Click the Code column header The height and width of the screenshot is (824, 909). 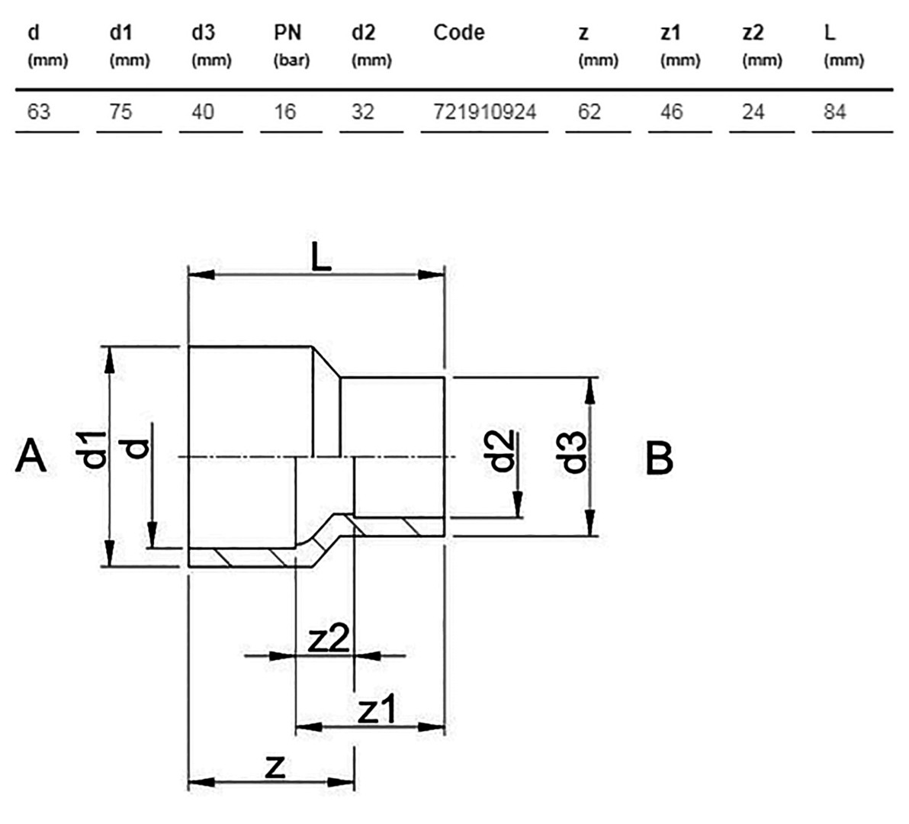(x=458, y=33)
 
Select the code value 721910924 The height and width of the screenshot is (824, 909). (x=485, y=111)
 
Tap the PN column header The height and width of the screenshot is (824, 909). (x=287, y=33)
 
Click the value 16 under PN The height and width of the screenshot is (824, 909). (x=284, y=111)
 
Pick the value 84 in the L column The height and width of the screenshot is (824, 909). (x=835, y=111)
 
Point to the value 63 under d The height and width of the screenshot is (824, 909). (x=39, y=111)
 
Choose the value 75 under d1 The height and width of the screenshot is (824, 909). (x=120, y=111)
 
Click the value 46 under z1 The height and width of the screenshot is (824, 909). (x=671, y=111)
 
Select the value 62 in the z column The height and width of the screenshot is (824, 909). (x=589, y=111)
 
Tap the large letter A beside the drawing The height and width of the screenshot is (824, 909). (x=31, y=456)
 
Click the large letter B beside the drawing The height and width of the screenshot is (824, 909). (x=660, y=458)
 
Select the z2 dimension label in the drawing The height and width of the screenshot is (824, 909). (x=329, y=639)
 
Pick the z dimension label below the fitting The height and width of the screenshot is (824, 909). (x=275, y=768)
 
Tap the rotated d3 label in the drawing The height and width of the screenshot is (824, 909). (x=574, y=453)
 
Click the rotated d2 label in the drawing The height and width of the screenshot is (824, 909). (x=500, y=451)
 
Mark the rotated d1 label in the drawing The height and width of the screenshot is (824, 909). (x=95, y=449)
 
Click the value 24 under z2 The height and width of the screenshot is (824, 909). (x=753, y=111)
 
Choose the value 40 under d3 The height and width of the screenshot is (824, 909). (x=203, y=111)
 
